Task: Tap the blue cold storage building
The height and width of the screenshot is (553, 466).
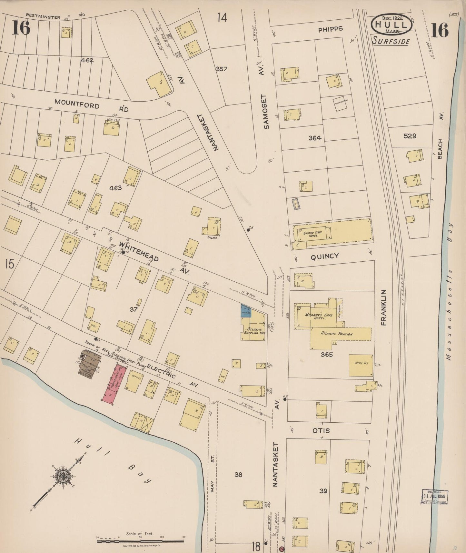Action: (x=246, y=311)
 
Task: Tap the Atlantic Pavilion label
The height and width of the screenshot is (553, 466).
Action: (x=336, y=334)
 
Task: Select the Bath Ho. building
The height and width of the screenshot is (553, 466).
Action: (x=361, y=365)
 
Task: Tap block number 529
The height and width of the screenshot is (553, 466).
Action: (x=410, y=136)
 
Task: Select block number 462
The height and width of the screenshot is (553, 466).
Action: (x=87, y=60)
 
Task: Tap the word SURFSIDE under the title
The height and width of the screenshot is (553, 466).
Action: (x=391, y=41)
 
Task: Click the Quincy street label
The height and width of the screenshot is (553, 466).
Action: (x=325, y=256)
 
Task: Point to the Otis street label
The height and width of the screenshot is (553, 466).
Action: (x=321, y=430)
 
